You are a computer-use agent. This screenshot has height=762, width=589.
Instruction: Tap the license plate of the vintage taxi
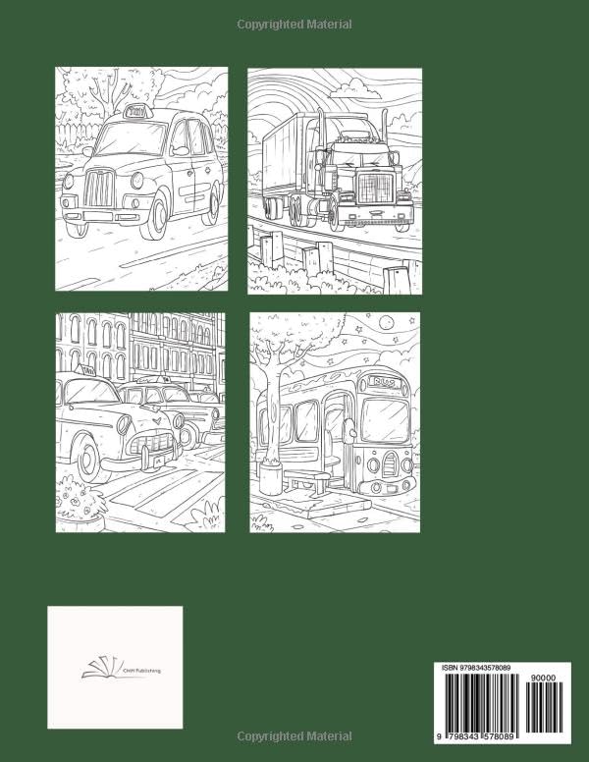click(x=155, y=458)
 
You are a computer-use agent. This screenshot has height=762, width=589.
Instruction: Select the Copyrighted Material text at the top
click(x=294, y=24)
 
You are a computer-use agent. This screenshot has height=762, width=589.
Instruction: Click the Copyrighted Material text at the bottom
click(x=294, y=735)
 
